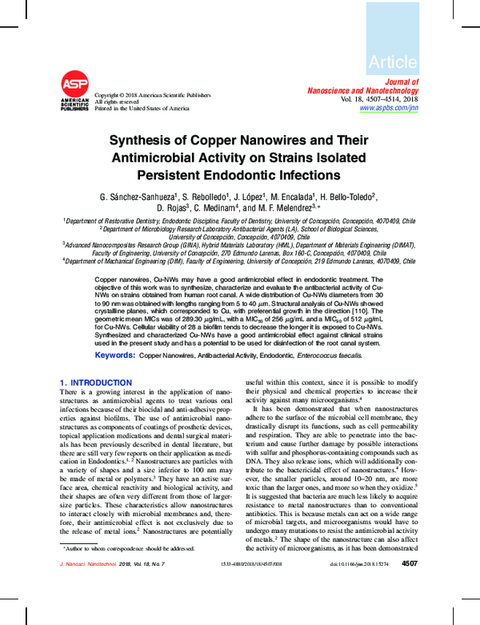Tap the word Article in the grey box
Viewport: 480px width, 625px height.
click(x=393, y=62)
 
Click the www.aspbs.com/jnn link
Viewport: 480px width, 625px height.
click(x=389, y=107)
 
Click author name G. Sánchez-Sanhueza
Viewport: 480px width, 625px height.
click(x=137, y=196)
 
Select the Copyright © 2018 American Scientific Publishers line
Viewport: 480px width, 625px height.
click(x=153, y=94)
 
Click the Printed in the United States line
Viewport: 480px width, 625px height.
click(x=142, y=108)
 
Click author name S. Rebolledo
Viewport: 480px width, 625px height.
click(x=206, y=196)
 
